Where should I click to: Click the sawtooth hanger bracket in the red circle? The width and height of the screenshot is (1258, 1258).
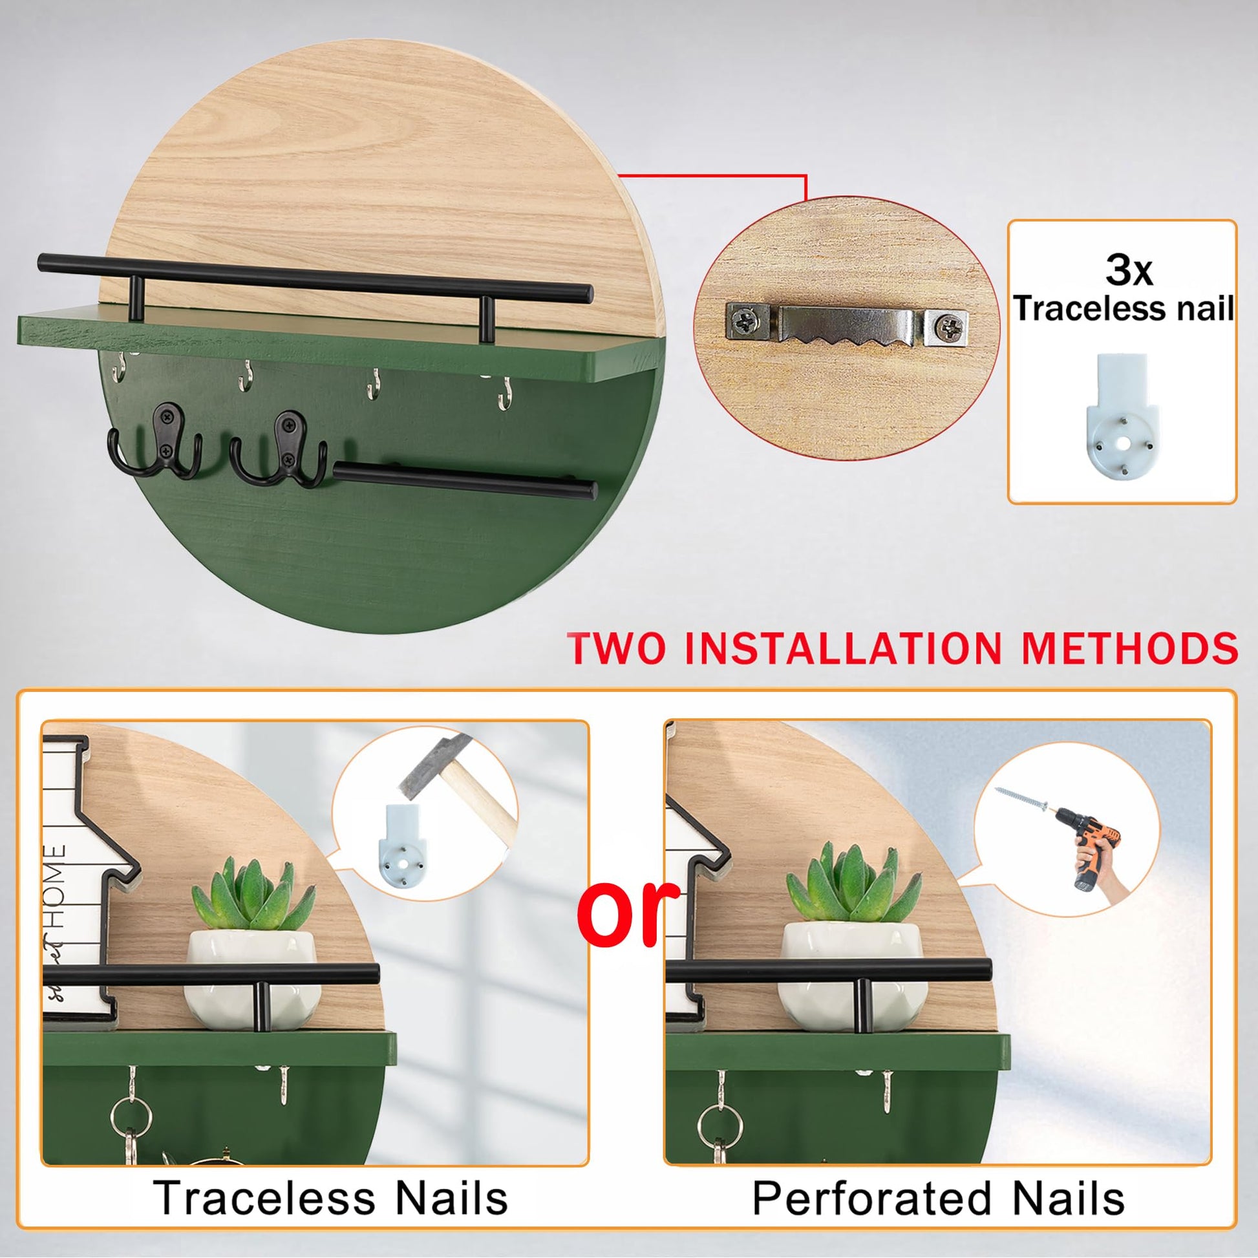(846, 325)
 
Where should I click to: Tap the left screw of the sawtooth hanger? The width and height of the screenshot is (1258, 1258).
(743, 320)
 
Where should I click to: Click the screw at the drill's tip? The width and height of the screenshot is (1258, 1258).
(1021, 800)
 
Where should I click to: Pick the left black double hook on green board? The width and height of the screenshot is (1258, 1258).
(155, 442)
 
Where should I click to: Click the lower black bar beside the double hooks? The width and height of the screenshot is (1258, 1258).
(465, 480)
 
